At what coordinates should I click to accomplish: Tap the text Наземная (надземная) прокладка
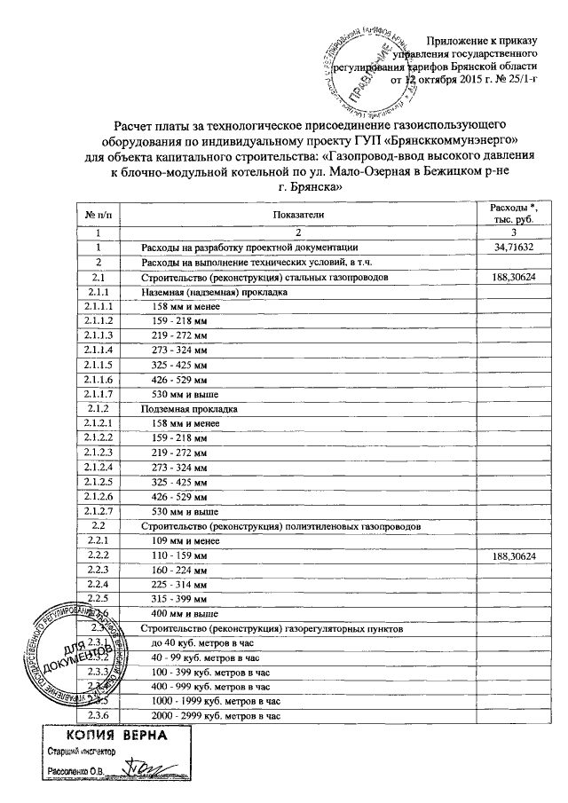pyautogui.click(x=214, y=291)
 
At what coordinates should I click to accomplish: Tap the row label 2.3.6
pyautogui.click(x=99, y=715)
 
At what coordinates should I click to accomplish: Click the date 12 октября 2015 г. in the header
pyautogui.click(x=448, y=80)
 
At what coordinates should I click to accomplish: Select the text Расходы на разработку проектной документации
pyautogui.click(x=249, y=247)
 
